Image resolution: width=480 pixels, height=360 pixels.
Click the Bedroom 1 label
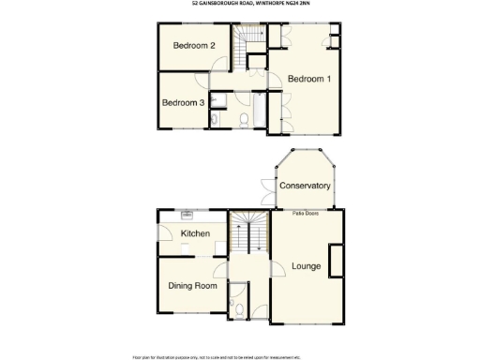pos(308,79)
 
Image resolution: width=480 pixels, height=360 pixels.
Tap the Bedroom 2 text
pos(195,46)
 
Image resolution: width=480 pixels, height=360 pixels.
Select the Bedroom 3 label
pos(183,103)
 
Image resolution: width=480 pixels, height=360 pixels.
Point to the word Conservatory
pos(306,186)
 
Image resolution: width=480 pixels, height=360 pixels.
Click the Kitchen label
pos(194,233)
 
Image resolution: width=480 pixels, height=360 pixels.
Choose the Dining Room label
pos(192,286)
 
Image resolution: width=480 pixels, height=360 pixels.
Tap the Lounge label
pos(307,266)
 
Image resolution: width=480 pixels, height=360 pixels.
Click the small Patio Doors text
pos(306,214)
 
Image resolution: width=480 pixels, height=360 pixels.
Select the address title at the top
pos(240,4)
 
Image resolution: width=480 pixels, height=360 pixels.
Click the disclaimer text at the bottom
pos(240,356)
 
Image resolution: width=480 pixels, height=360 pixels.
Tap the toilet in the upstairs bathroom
pos(243,119)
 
